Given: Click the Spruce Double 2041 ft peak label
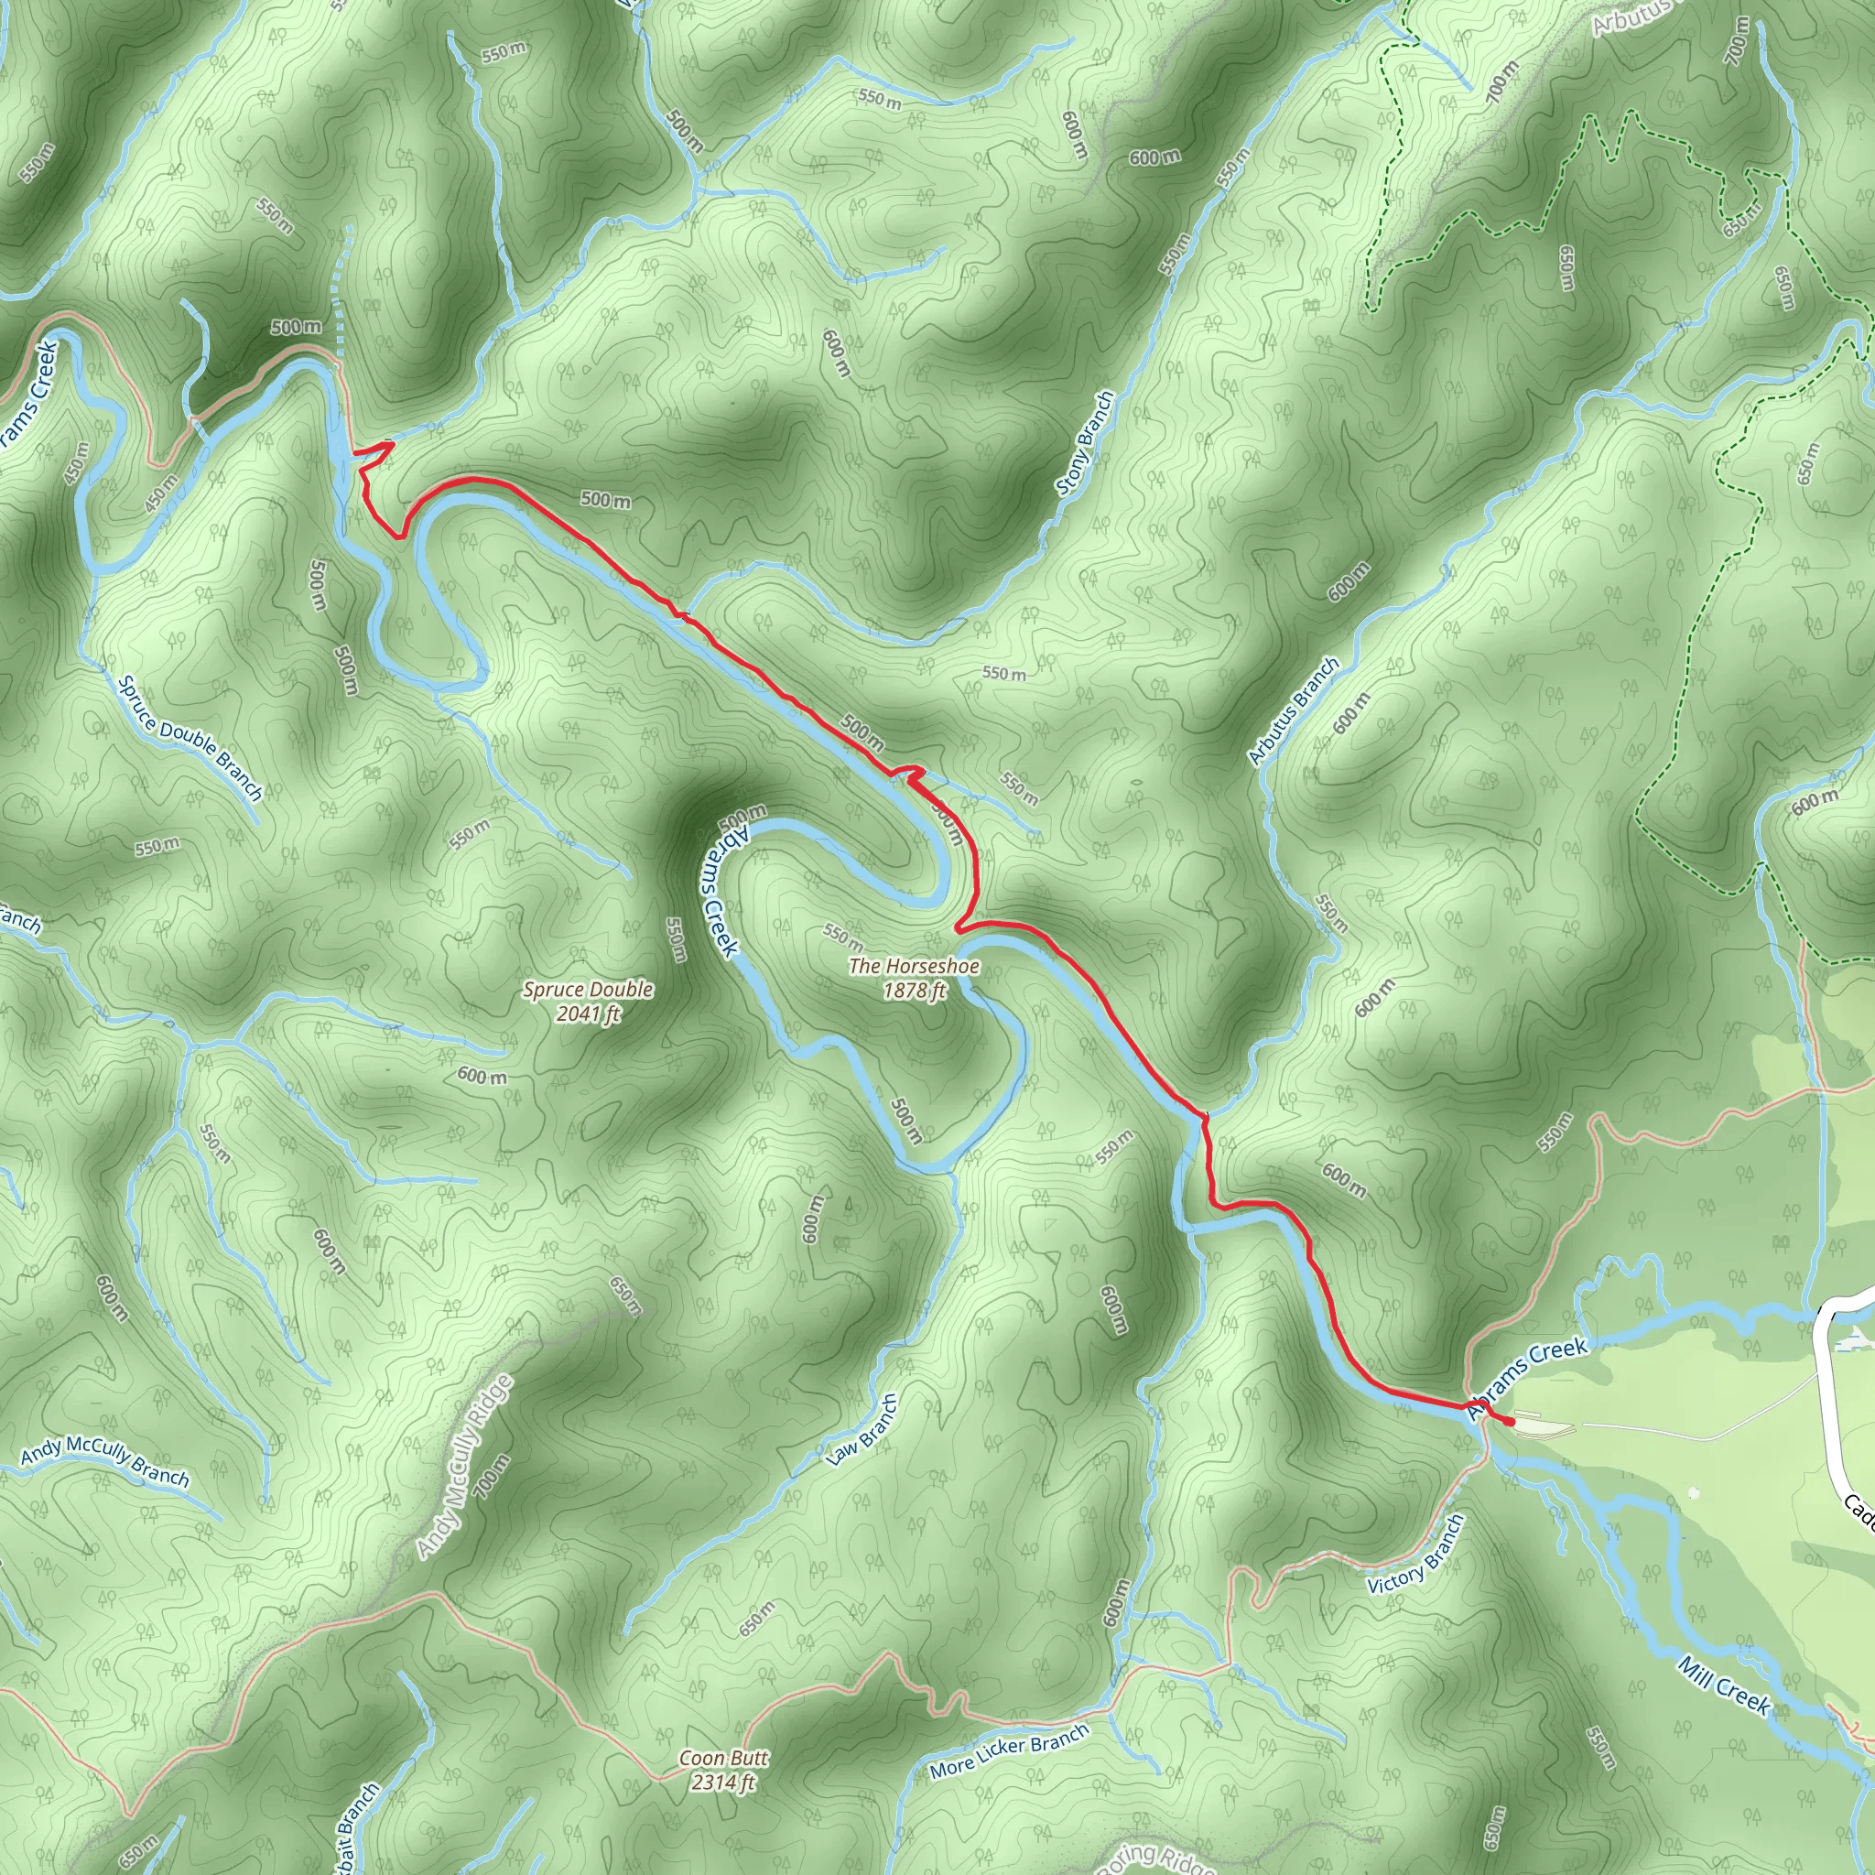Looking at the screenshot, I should pos(587,1002).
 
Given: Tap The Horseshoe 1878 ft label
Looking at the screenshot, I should pos(913,977).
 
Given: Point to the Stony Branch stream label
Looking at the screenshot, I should pos(1085,442).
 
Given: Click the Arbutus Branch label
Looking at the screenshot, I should pos(1294,711).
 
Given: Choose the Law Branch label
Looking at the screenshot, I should pos(862,1429).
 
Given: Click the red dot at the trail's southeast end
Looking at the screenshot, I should pos(1509,1422).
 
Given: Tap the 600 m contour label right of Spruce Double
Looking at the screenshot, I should pos(482,1076).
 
